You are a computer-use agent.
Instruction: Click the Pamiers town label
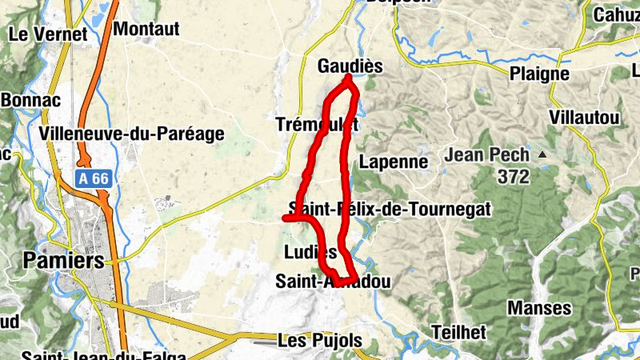coord(64,261)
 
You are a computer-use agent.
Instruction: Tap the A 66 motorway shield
coord(93,179)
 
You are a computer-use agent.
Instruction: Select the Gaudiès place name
coord(350,66)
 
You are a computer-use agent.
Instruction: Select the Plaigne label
coord(539,74)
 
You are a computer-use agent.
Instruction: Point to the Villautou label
coord(585,118)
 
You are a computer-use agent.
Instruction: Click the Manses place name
coord(540,308)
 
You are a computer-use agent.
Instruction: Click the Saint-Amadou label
coord(333,282)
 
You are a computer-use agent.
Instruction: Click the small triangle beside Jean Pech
coord(543,154)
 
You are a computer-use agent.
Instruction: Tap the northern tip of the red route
coord(349,78)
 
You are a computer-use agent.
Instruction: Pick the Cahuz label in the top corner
coord(616,15)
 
